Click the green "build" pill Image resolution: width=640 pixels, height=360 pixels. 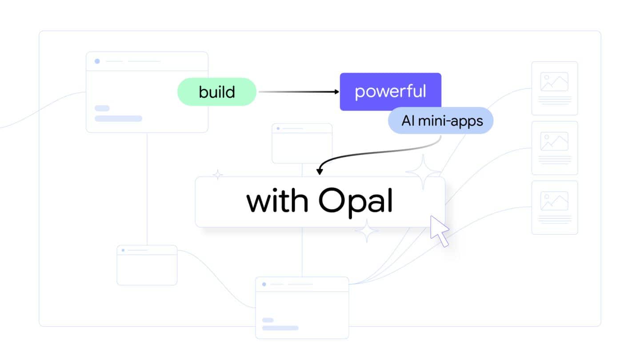tap(217, 92)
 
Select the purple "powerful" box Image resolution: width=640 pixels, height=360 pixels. tap(390, 91)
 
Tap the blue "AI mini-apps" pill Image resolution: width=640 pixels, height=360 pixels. tap(441, 120)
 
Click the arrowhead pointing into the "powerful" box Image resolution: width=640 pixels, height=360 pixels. tap(336, 92)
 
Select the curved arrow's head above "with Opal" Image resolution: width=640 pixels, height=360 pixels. tap(319, 172)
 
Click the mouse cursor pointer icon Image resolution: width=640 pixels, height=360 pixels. tap(439, 230)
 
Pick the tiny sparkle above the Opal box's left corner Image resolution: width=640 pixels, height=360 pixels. tap(217, 175)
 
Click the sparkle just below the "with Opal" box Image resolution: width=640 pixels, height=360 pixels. tap(366, 231)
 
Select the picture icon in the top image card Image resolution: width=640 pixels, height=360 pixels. tap(554, 82)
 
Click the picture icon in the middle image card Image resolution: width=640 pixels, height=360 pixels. tap(554, 141)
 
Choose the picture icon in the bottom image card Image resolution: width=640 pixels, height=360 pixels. tap(554, 201)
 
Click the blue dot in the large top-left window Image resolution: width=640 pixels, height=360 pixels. tap(97, 61)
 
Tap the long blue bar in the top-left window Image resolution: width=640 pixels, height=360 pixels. tap(118, 119)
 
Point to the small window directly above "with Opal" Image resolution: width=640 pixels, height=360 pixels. tap(302, 143)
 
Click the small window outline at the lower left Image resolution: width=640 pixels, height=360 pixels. tap(147, 265)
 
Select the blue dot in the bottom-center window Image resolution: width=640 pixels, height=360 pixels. tap(264, 284)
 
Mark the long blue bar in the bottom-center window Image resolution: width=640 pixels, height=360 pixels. tap(280, 328)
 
